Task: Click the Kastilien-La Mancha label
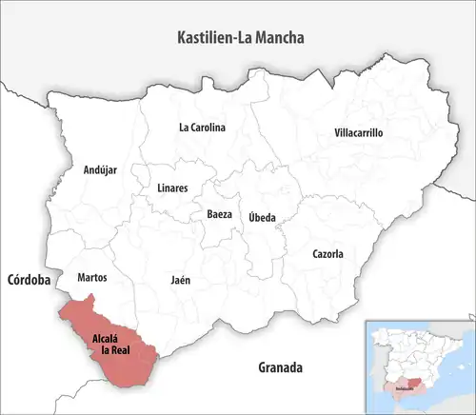(247, 37)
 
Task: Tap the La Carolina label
(202, 127)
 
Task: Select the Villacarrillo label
(358, 133)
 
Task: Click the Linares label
(171, 188)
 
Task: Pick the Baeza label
(219, 215)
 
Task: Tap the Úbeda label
(262, 217)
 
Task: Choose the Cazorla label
(327, 254)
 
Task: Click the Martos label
(91, 278)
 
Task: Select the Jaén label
(180, 281)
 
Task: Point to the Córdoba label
(28, 281)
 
